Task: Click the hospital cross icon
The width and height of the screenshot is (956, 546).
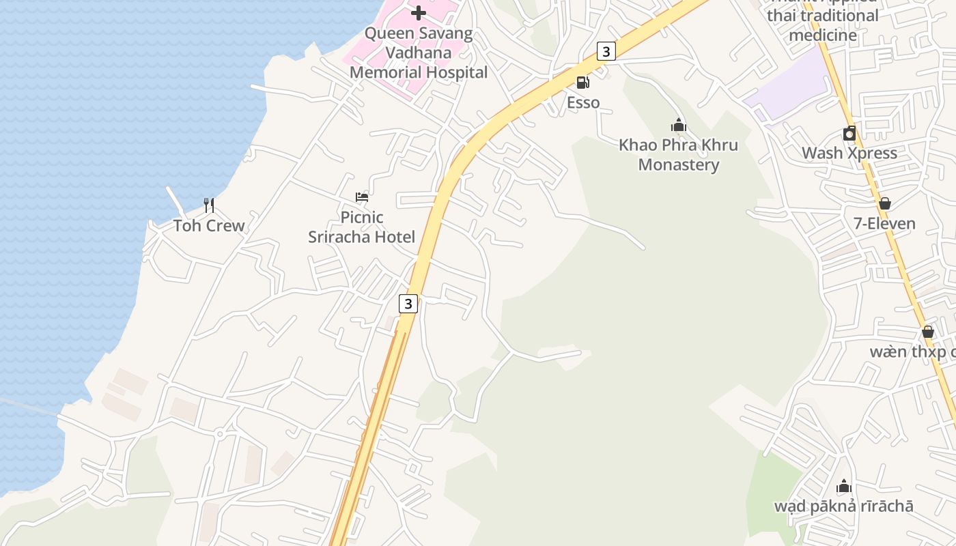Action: point(419,12)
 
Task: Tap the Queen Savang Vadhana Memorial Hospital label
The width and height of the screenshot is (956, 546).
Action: point(419,53)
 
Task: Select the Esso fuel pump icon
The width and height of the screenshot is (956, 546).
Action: point(583,83)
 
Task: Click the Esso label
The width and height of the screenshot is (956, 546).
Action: point(583,103)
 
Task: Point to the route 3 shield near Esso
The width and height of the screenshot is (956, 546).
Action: point(606,51)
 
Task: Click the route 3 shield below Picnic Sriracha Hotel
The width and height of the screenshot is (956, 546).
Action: point(408,304)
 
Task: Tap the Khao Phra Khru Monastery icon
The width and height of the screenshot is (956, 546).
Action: point(678,125)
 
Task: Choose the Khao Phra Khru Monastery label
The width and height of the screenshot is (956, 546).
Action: point(678,155)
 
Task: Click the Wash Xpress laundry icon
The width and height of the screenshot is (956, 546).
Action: point(849,133)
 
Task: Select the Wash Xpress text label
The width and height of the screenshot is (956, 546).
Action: point(849,153)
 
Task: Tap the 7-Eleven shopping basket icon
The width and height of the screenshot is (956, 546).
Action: point(885,203)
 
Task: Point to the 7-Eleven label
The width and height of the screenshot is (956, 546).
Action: point(885,224)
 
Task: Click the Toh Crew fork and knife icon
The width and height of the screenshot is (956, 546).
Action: point(209,204)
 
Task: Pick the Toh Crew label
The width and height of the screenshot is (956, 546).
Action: point(209,226)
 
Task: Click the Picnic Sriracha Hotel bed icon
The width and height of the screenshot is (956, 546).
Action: point(362,197)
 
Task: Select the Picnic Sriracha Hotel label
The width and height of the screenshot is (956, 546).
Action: point(361,227)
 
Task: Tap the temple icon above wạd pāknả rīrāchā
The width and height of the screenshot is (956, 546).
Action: point(844,486)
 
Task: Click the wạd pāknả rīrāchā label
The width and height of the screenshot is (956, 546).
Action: point(844,506)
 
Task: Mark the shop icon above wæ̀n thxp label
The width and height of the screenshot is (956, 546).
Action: point(928,332)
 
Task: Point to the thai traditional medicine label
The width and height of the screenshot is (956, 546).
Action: point(822,25)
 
